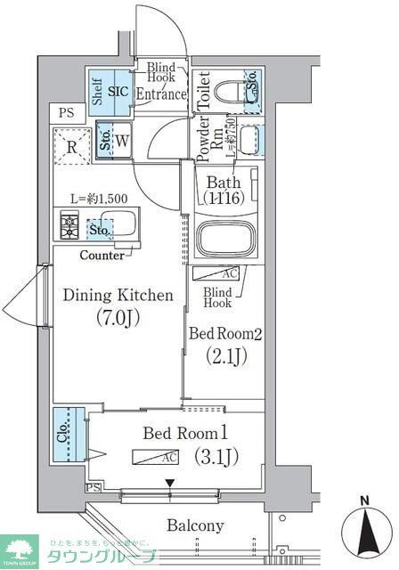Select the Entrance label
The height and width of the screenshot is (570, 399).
coord(161,94)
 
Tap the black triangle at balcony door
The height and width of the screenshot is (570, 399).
coord(169,484)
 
